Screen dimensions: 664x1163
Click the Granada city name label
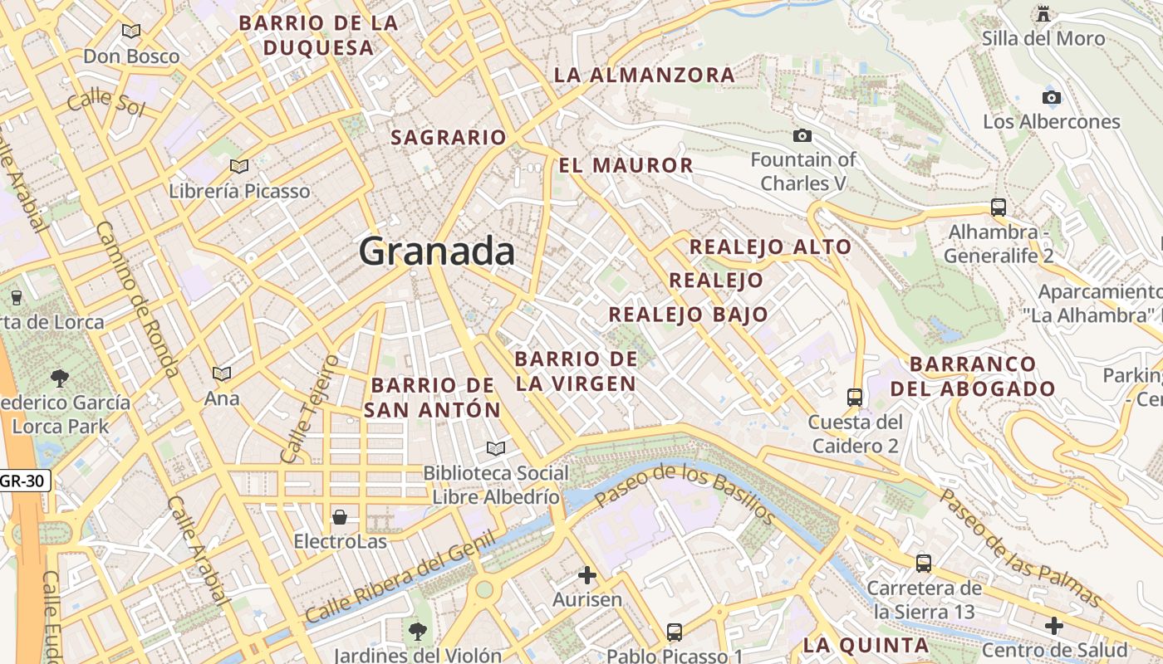(x=437, y=251)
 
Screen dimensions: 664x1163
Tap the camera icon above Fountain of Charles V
(x=802, y=135)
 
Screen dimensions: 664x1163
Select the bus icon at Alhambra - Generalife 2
(x=999, y=207)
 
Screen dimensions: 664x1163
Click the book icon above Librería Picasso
(x=239, y=166)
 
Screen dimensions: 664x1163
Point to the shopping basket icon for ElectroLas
(x=340, y=518)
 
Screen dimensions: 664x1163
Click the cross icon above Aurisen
(x=587, y=574)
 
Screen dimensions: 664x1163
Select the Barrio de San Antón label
(x=433, y=398)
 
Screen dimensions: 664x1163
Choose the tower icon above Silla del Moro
(x=1043, y=14)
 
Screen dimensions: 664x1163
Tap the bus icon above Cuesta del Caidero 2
(x=855, y=397)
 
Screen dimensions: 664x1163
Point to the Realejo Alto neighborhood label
(x=770, y=247)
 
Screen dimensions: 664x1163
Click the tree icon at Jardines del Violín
(x=418, y=631)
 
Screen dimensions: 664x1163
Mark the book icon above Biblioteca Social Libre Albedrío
(x=496, y=448)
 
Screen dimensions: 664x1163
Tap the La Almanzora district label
(x=644, y=75)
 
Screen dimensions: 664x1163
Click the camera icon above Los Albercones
(x=1052, y=97)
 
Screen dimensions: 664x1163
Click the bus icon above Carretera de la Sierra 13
(x=923, y=564)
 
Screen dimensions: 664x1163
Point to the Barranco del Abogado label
(x=973, y=376)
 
